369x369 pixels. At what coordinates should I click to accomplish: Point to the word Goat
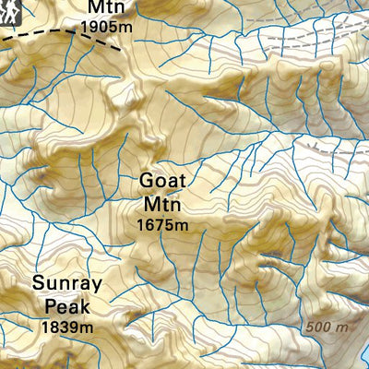pos(162,180)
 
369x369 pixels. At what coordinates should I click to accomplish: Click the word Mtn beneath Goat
pos(161,202)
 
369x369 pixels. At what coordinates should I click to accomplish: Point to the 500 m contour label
pos(327,327)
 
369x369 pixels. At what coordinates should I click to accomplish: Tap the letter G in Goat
pos(147,180)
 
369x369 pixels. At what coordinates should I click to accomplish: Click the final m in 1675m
pos(183,224)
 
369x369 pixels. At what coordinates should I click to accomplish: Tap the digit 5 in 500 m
pos(311,327)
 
